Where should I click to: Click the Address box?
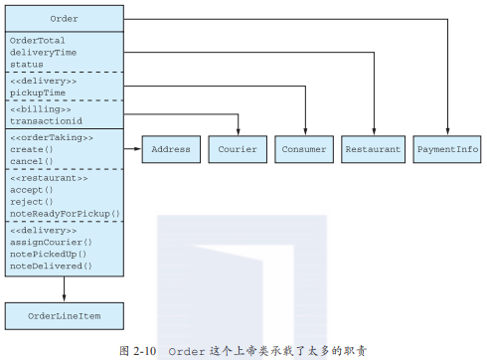tap(170, 149)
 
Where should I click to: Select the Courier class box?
tap(237, 149)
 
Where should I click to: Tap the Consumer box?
tap(304, 149)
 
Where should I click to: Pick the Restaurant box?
tap(373, 149)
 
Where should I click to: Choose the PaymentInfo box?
tap(446, 149)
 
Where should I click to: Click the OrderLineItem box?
tap(64, 316)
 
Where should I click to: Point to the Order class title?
tap(64, 19)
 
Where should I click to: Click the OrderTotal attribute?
tap(39, 41)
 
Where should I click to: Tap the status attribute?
tap(27, 64)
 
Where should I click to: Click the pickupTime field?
tap(39, 91)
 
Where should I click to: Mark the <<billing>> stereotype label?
tap(39, 107)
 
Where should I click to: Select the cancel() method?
tap(32, 160)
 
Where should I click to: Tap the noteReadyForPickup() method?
tap(64, 213)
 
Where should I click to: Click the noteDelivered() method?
tap(50, 266)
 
